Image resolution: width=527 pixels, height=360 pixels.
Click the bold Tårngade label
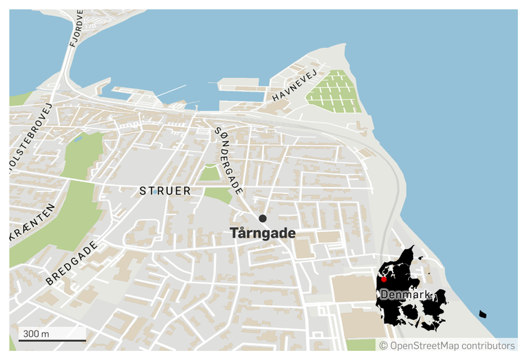click(x=263, y=234)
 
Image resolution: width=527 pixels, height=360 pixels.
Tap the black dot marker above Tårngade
click(x=263, y=219)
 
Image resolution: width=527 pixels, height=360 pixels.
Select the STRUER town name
click(x=165, y=191)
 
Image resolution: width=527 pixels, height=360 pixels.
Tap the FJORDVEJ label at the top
click(x=77, y=28)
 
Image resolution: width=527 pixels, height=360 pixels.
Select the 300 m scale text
click(x=36, y=333)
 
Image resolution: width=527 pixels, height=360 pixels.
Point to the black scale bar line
click(x=51, y=341)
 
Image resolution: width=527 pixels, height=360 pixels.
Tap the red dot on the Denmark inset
click(x=384, y=279)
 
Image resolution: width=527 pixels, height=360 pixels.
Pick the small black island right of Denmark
click(x=482, y=314)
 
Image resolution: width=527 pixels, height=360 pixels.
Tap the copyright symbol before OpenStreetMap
click(x=384, y=345)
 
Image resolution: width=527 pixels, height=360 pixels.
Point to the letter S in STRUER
click(x=143, y=191)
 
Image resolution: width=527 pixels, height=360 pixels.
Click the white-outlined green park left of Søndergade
click(x=209, y=172)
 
